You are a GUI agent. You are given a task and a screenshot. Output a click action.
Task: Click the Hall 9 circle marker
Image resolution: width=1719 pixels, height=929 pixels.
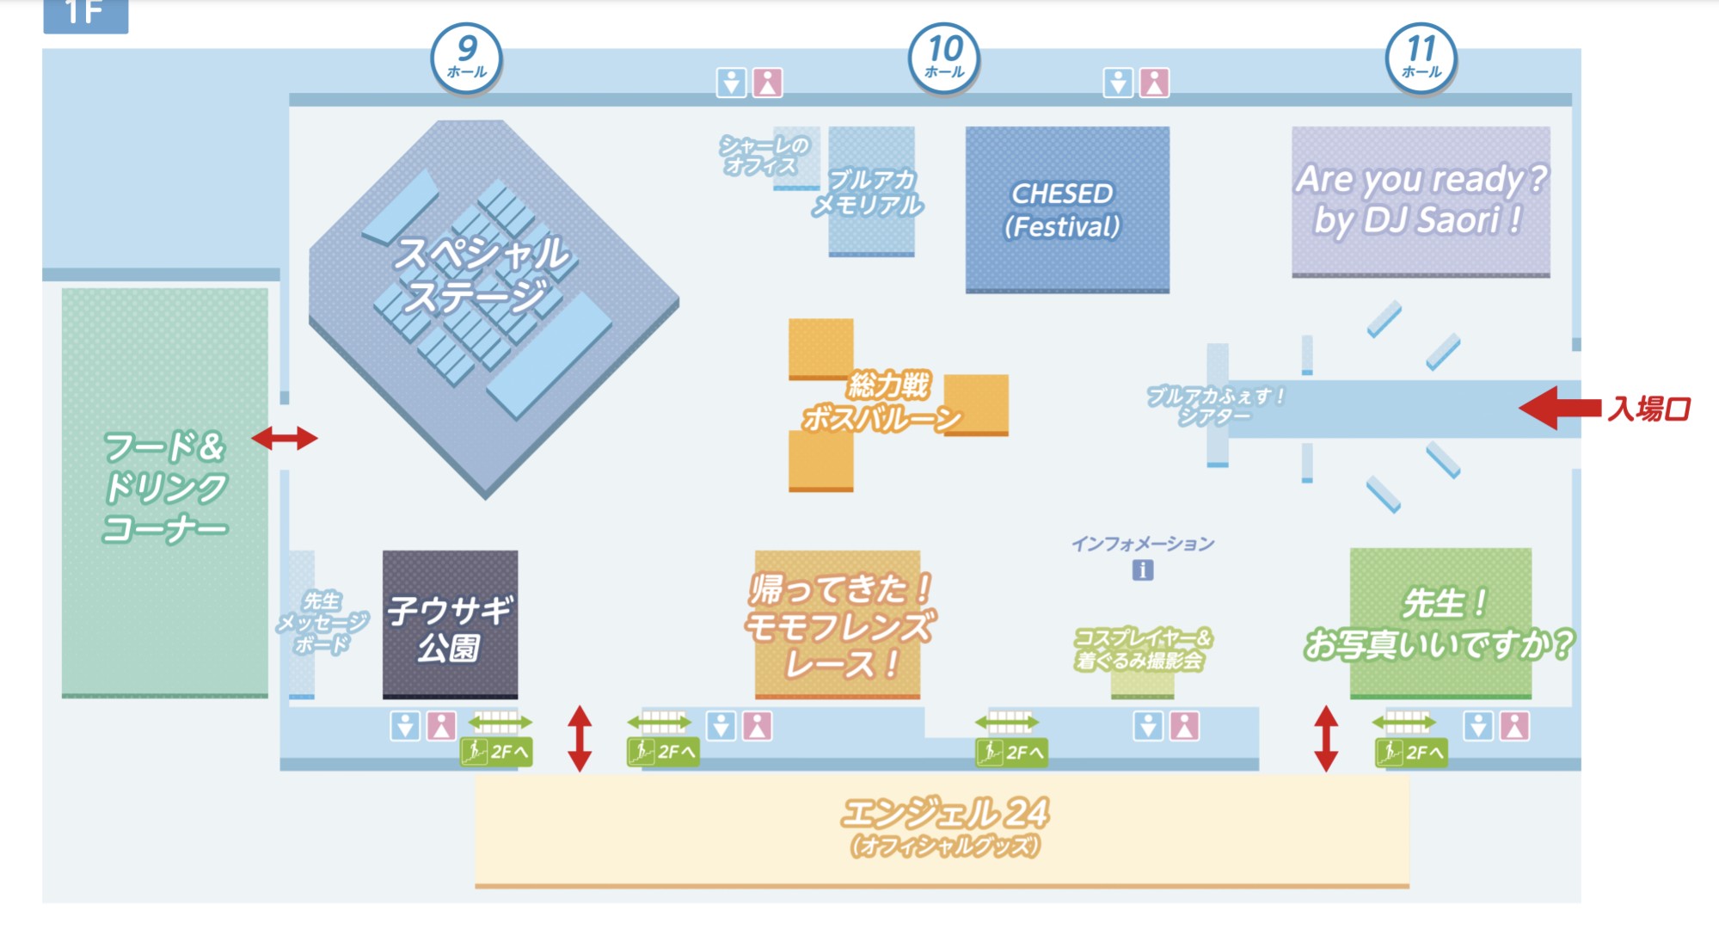[x=466, y=57]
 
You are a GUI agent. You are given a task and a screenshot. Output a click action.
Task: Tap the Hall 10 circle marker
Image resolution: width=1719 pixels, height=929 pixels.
[x=944, y=57]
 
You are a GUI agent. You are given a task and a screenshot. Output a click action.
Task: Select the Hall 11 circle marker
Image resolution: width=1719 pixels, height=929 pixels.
[x=1421, y=57]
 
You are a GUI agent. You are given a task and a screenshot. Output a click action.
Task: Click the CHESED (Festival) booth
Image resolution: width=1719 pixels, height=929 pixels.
[x=1066, y=209]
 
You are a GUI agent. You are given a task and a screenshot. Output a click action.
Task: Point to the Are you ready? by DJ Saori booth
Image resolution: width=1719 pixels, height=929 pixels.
[x=1421, y=200]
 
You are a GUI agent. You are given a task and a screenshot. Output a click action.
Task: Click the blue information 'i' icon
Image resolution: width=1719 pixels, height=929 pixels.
[x=1142, y=569]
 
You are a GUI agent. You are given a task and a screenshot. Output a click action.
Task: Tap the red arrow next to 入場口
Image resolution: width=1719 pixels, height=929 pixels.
[x=1558, y=408]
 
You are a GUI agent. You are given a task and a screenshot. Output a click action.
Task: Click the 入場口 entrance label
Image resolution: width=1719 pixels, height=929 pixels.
[x=1649, y=409]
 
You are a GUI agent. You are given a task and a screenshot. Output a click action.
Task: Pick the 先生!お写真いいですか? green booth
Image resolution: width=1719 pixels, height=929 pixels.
[x=1440, y=623]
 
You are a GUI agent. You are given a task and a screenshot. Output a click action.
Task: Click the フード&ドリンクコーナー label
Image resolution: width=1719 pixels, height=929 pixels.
[x=165, y=487]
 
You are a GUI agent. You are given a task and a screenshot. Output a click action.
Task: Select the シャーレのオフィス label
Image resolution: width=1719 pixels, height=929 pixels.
[x=764, y=156]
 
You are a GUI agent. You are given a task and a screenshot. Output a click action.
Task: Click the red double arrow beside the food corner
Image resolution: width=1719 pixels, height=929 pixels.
[x=285, y=438]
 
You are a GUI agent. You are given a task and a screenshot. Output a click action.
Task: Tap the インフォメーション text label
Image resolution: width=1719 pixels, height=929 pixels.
[x=1142, y=544]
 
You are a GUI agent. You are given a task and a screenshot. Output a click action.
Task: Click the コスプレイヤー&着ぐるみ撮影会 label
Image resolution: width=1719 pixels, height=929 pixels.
[x=1142, y=649]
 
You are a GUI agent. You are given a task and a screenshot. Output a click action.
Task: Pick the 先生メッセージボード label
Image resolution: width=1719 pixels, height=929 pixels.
[x=322, y=622]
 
